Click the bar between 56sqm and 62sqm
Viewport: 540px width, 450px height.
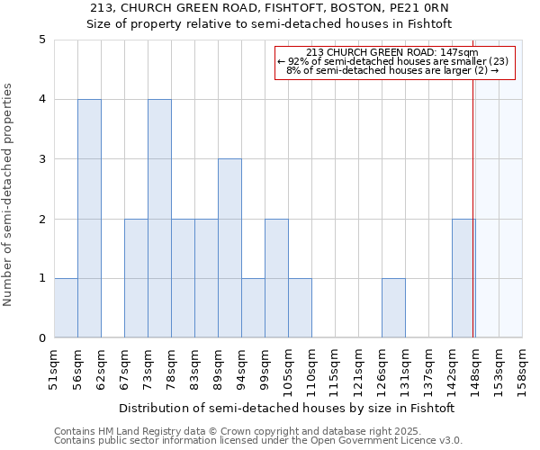pos(89,219)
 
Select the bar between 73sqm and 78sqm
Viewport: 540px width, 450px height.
pos(159,219)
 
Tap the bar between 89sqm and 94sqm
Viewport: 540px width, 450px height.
pos(229,248)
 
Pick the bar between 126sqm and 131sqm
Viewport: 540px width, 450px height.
pos(393,308)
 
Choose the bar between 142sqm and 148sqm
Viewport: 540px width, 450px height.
pos(463,278)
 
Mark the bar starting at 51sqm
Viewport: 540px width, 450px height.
pos(66,308)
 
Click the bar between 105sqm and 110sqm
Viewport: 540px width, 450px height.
pos(300,308)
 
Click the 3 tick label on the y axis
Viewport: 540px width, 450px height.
pos(41,159)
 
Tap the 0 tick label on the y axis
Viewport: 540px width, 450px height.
pos(41,338)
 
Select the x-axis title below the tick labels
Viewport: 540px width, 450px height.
pos(286,408)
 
